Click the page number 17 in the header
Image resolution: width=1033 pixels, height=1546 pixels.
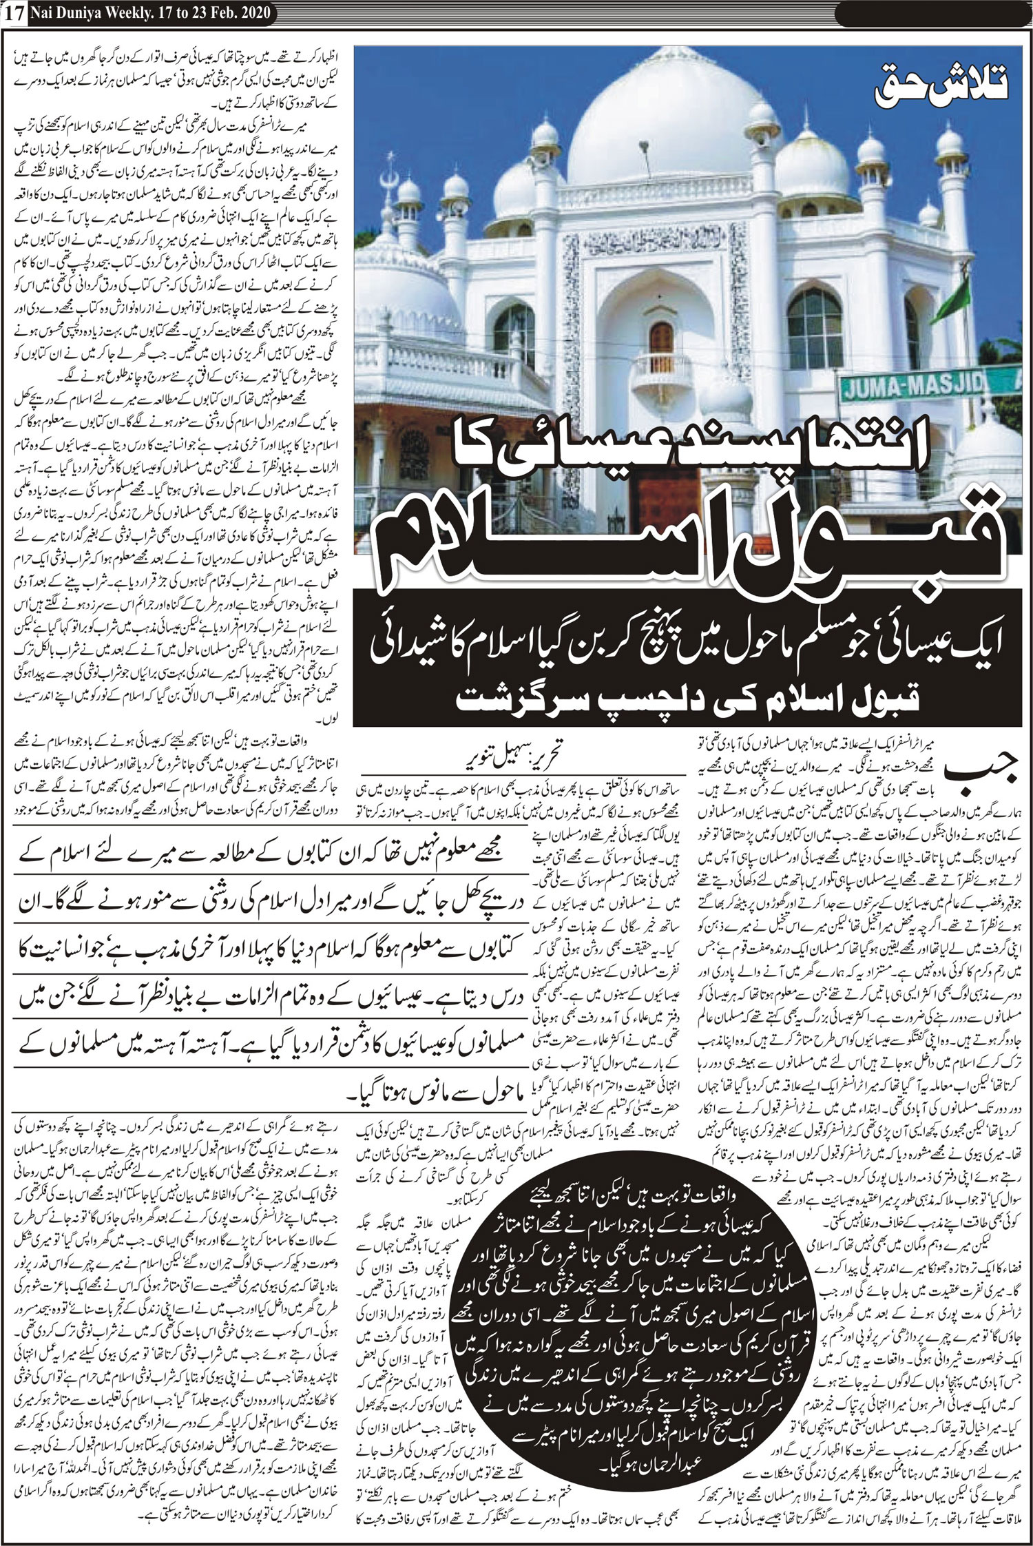pyautogui.click(x=14, y=12)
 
